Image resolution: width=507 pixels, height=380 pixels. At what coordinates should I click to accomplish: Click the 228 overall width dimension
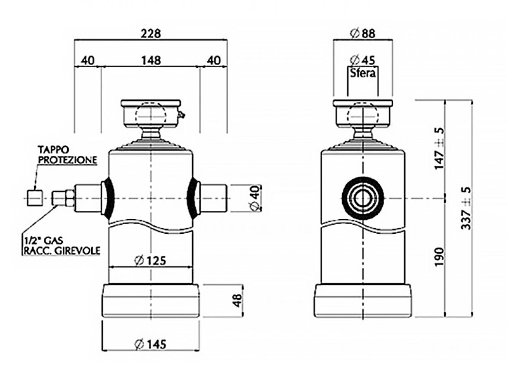click(151, 34)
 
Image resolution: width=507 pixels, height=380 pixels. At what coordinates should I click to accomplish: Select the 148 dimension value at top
click(151, 60)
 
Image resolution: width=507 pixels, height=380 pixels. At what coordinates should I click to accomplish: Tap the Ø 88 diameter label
click(362, 34)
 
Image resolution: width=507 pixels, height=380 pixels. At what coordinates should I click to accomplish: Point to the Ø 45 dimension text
click(362, 60)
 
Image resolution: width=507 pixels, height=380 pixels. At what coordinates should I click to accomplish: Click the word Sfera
click(362, 73)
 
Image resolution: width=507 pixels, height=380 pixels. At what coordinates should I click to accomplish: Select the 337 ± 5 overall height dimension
click(466, 208)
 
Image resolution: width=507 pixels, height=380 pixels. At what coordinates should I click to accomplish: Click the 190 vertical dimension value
click(439, 257)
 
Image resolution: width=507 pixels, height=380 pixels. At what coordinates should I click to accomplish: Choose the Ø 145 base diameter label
click(150, 344)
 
